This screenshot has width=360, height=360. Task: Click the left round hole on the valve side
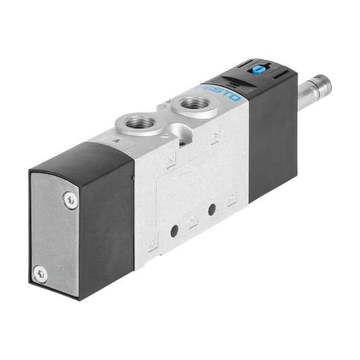[x=175, y=229]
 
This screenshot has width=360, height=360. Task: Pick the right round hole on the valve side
[x=211, y=209]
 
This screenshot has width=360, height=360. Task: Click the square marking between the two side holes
[x=193, y=219]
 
